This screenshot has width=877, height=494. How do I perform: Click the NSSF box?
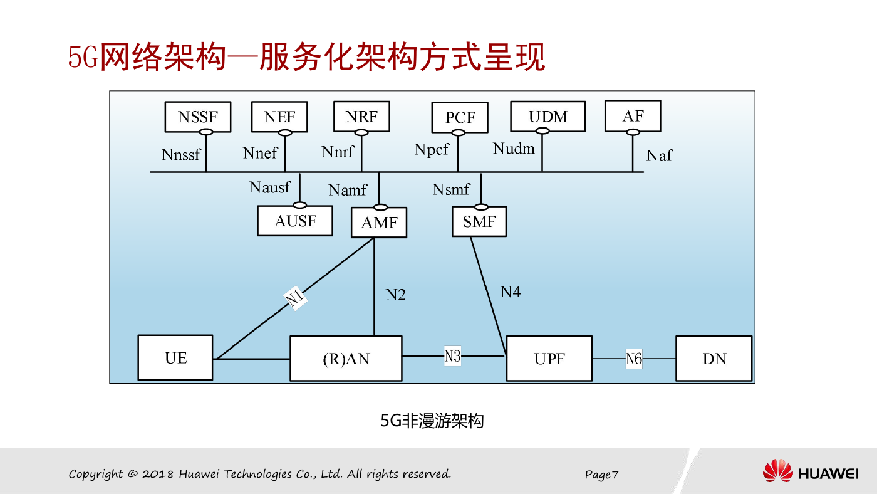tap(198, 117)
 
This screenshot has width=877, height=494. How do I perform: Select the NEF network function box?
tap(279, 117)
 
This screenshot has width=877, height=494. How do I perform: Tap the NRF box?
tap(362, 117)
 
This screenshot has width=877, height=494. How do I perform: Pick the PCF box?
tap(460, 117)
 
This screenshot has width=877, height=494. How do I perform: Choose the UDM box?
tap(548, 117)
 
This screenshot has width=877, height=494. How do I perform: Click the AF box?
tap(633, 116)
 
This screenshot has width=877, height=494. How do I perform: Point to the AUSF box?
tap(295, 221)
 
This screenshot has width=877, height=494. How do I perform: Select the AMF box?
tap(379, 223)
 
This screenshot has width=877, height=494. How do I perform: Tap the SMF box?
tap(479, 222)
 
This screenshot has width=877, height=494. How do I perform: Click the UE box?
tap(175, 358)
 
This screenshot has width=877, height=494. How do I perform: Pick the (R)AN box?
tap(346, 359)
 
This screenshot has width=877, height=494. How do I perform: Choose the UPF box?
tap(549, 359)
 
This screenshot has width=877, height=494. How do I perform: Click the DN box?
tap(714, 359)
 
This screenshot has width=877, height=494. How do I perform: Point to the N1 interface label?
tap(295, 298)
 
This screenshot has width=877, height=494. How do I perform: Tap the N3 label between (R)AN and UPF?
tap(452, 356)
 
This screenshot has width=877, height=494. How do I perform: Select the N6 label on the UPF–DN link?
tap(634, 359)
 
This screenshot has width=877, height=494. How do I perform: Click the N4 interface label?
tap(511, 292)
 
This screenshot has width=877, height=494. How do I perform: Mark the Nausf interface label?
tap(270, 187)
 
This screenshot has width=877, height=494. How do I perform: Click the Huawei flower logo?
tap(777, 471)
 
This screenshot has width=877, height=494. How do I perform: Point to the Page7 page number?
tap(601, 475)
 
